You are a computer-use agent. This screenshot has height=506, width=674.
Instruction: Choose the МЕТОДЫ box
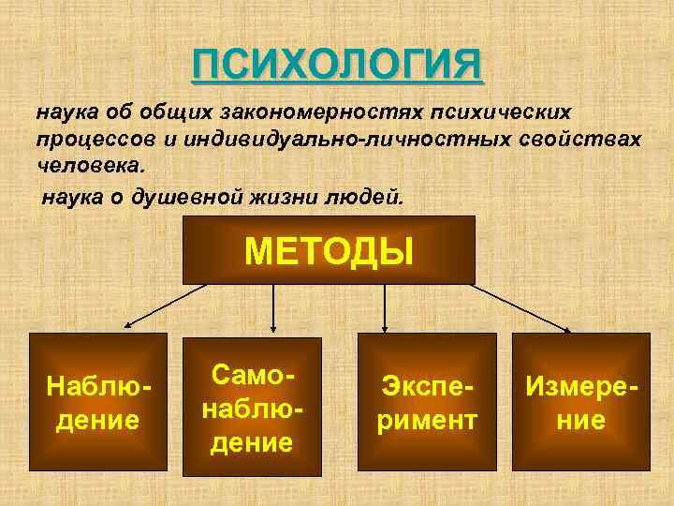tap(329, 249)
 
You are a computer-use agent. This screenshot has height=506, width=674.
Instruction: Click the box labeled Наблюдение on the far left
tap(98, 401)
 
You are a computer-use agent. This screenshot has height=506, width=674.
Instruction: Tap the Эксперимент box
tap(427, 401)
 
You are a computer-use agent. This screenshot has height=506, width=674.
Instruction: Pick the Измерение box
tap(580, 401)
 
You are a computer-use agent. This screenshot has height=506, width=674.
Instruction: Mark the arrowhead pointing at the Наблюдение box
tap(129, 324)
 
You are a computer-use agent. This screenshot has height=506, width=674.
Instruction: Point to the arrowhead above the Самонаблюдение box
tap(272, 327)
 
